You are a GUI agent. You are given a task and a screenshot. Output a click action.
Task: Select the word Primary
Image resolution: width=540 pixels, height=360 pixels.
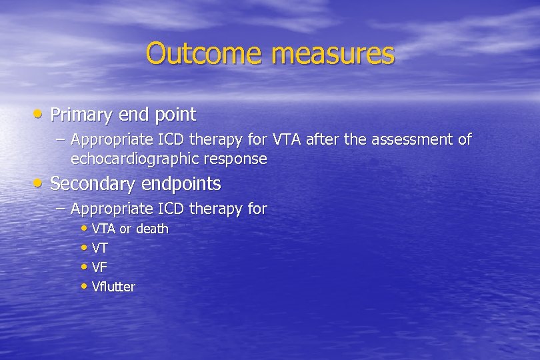pos(81,115)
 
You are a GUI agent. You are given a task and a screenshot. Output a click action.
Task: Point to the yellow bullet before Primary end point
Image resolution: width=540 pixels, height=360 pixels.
pos(40,115)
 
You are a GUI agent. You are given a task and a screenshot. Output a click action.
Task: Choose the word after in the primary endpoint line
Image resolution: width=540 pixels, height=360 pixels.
pos(322,139)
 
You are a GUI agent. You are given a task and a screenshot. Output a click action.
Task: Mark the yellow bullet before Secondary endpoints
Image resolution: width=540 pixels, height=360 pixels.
pos(40,183)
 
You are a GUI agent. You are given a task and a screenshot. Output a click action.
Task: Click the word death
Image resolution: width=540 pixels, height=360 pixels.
pos(153,229)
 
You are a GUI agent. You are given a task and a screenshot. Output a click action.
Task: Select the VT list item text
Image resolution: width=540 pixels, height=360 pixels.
pos(100,248)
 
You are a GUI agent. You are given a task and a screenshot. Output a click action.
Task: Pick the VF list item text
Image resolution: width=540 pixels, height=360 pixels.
pos(100,267)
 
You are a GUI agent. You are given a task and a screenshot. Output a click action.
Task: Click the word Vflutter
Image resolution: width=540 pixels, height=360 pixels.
pos(113,287)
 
